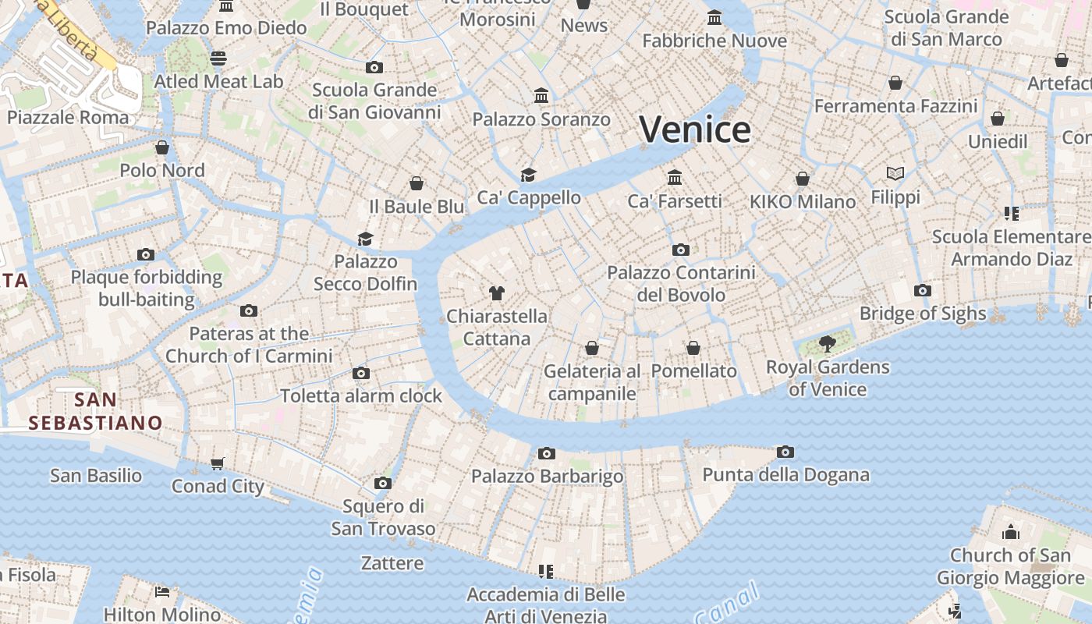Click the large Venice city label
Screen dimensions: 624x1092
pyautogui.click(x=695, y=129)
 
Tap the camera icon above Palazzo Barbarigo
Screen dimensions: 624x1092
pyautogui.click(x=547, y=453)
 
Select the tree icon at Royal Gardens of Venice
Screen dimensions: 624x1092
pyautogui.click(x=828, y=343)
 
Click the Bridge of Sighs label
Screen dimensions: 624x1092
pyautogui.click(x=923, y=314)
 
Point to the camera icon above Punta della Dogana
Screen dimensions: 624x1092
pyautogui.click(x=785, y=452)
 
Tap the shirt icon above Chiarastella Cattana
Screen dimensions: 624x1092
pyautogui.click(x=497, y=293)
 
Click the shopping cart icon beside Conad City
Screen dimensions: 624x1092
pyautogui.click(x=218, y=463)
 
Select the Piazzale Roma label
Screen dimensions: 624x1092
pyautogui.click(x=68, y=118)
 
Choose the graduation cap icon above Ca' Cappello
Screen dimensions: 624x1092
pyautogui.click(x=529, y=175)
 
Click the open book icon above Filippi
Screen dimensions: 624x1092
pyautogui.click(x=895, y=173)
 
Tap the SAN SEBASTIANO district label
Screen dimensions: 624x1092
pyautogui.click(x=95, y=412)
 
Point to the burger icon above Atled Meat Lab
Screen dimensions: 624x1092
pyautogui.click(x=218, y=58)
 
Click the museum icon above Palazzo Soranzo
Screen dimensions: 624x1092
pyautogui.click(x=541, y=96)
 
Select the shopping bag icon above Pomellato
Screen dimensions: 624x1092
pyautogui.click(x=693, y=348)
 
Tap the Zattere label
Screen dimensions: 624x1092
pyautogui.click(x=392, y=563)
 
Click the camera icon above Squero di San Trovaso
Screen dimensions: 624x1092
pyautogui.click(x=382, y=483)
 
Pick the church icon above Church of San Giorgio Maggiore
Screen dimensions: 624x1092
pyautogui.click(x=1011, y=532)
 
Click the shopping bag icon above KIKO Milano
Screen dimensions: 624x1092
pyautogui.click(x=802, y=179)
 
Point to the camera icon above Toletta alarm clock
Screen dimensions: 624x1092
pyautogui.click(x=360, y=373)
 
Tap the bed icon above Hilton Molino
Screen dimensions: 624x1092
pyautogui.click(x=162, y=591)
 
